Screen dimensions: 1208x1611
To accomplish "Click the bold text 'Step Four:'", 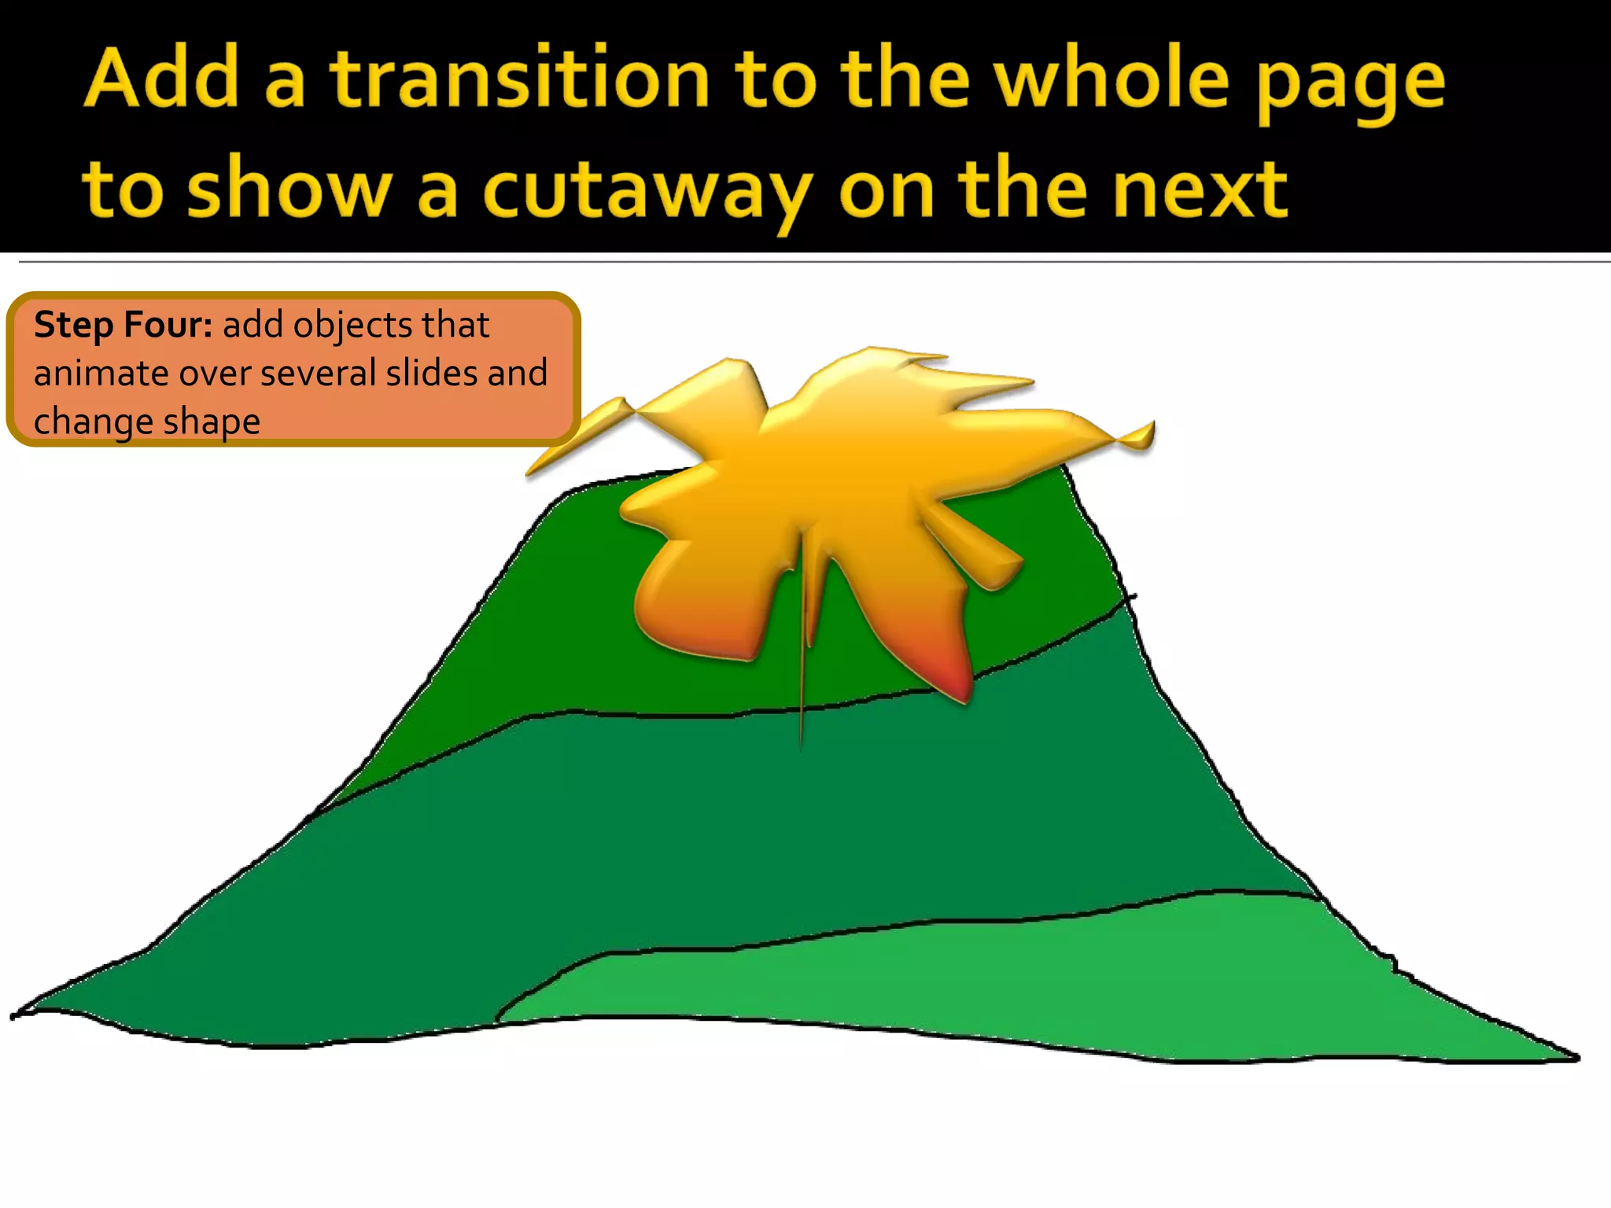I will tap(123, 325).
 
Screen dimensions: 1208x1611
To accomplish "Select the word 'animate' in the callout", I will tap(101, 374).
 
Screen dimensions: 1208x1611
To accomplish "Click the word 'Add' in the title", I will tap(161, 79).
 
